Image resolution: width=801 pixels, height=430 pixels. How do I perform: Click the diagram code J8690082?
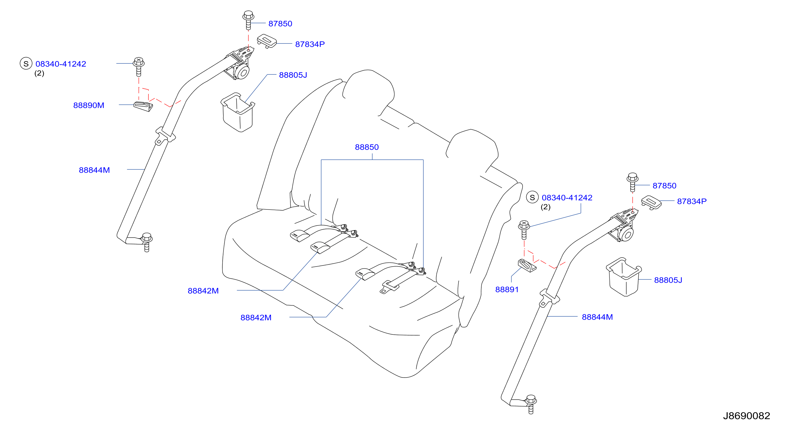[746, 416]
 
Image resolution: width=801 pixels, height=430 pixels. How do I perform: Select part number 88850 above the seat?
[367, 147]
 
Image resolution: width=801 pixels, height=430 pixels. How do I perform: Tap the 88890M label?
[89, 105]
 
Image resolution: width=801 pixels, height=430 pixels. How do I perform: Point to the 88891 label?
[507, 289]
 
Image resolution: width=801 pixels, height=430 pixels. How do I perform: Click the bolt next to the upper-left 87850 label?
[248, 20]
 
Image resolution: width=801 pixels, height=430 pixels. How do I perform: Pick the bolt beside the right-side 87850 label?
[632, 182]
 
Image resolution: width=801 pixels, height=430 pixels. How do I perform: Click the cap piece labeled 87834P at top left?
[267, 41]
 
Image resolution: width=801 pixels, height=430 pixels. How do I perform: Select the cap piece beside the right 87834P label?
[651, 203]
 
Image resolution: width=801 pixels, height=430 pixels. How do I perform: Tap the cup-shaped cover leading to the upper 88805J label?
[238, 112]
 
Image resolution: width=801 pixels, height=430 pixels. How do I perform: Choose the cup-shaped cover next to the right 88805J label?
[623, 277]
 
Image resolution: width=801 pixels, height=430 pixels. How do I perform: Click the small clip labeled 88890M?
[143, 106]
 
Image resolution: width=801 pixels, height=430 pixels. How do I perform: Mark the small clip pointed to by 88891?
[527, 265]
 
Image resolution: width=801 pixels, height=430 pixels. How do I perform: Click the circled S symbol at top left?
[26, 63]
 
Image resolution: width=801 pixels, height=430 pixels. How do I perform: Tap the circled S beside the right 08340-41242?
[532, 197]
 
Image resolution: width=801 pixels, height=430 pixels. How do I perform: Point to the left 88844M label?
[94, 170]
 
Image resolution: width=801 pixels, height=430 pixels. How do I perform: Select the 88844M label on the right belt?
[597, 317]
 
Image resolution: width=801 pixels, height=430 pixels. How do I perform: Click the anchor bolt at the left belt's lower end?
[147, 242]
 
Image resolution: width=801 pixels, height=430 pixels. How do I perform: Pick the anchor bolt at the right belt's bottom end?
[531, 404]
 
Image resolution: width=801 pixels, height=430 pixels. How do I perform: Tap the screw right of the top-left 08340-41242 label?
[139, 67]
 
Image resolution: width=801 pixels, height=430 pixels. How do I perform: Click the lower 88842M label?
[256, 318]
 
